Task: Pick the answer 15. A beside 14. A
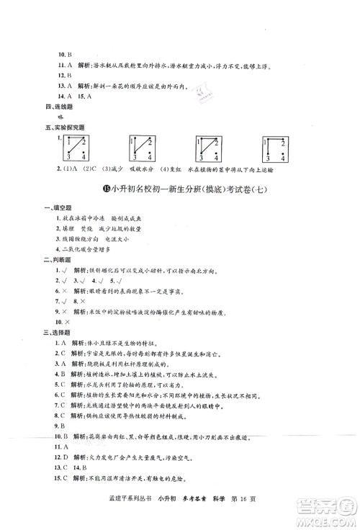87,96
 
